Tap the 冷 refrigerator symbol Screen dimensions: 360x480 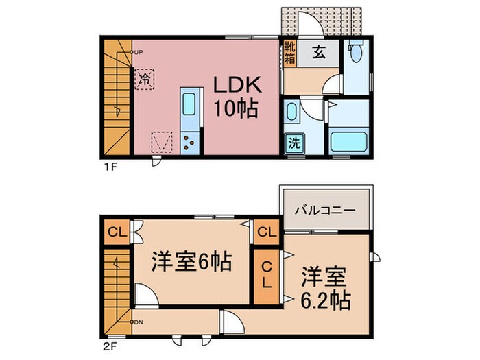point(145,80)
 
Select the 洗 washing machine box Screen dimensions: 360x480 point(293,144)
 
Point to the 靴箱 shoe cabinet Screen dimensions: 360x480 point(289,53)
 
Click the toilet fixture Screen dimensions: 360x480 point(355,53)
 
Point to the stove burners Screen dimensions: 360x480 point(189,142)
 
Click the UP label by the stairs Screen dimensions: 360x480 point(138,52)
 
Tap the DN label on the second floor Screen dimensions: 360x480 point(138,322)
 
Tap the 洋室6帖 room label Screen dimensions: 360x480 point(192,261)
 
